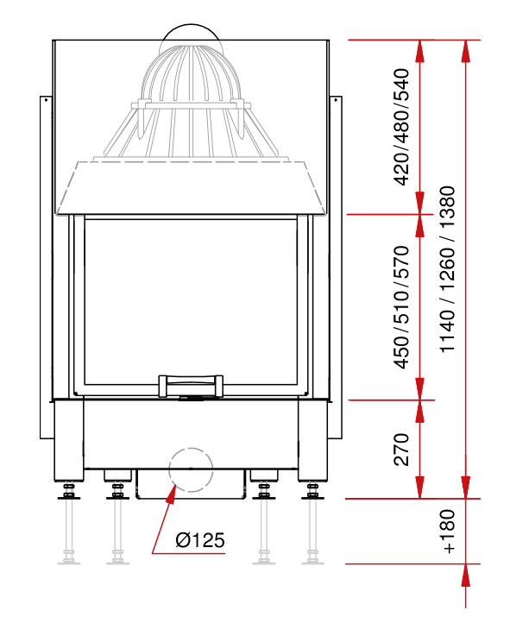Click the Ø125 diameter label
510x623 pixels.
coord(200,540)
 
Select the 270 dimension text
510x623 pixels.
coord(401,450)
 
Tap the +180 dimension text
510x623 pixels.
coord(448,532)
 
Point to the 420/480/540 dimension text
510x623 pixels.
coord(401,127)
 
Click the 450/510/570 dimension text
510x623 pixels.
coord(401,307)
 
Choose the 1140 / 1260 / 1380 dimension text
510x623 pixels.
coord(448,269)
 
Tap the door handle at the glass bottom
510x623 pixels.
coord(191,386)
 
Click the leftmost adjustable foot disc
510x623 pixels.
coord(69,497)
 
